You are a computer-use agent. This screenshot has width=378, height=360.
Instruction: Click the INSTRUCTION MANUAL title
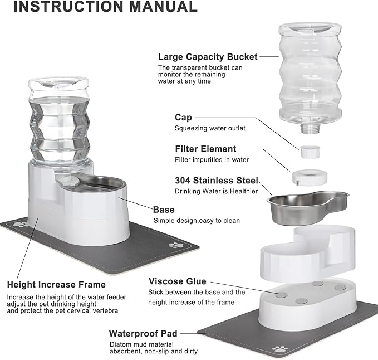point(99,7)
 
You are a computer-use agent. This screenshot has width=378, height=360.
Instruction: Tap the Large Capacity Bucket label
point(208,56)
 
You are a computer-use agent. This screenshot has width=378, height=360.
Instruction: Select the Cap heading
point(183,118)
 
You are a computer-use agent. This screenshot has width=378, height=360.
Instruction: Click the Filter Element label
point(205,149)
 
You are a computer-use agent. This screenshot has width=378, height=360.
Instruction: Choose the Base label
point(164,210)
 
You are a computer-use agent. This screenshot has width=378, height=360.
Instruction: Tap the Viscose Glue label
point(177,281)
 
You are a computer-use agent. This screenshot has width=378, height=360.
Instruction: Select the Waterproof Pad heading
point(143,333)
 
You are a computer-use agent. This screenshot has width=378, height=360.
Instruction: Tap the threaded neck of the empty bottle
point(310,128)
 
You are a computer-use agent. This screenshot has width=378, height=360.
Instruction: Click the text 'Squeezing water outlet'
point(210,128)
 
